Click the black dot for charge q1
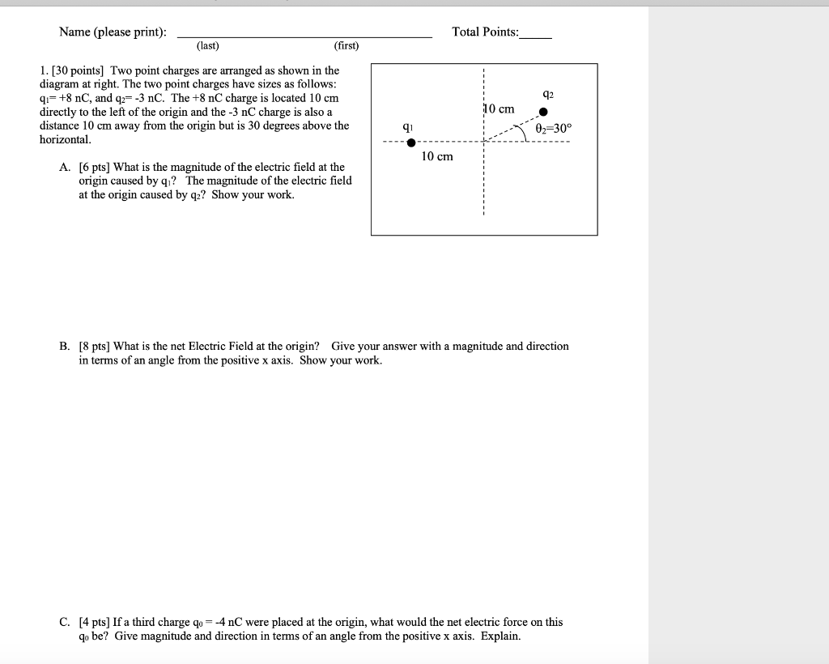[412, 143]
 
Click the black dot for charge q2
[544, 113]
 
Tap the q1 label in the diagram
[408, 126]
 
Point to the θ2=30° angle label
[553, 128]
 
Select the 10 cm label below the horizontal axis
[437, 156]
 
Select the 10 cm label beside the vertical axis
[499, 109]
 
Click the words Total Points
[485, 32]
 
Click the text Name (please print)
[113, 32]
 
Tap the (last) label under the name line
[207, 46]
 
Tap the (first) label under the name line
[346, 46]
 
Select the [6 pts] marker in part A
[96, 168]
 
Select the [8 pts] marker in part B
[96, 347]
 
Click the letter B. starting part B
[64, 347]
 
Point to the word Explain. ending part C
[501, 636]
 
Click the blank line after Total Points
[536, 36]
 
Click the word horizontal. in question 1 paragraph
[65, 140]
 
